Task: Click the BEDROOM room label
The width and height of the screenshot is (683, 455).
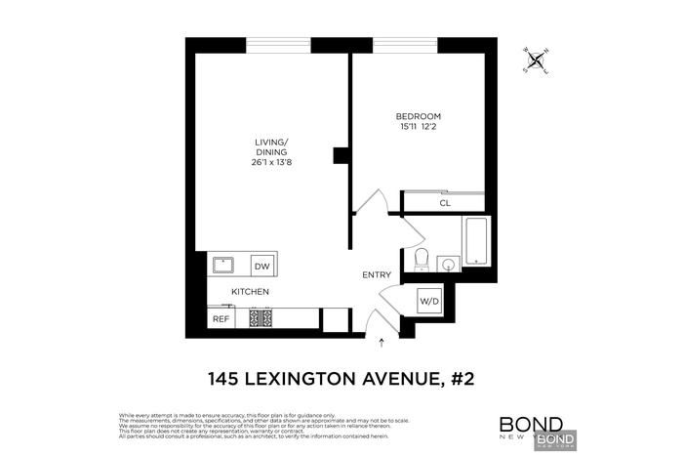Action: (418, 114)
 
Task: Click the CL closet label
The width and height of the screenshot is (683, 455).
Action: (444, 203)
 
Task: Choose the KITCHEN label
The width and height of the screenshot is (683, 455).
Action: (250, 292)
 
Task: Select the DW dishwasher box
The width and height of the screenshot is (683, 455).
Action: (261, 267)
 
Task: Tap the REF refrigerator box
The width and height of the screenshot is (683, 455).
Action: (221, 318)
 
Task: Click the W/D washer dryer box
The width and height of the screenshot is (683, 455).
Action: (429, 302)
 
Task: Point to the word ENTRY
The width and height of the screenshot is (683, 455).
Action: (377, 275)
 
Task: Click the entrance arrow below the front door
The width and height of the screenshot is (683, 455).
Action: (382, 342)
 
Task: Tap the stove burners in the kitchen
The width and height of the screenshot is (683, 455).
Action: (261, 318)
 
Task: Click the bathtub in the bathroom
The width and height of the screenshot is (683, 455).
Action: (475, 241)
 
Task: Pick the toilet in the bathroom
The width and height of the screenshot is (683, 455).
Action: (422, 259)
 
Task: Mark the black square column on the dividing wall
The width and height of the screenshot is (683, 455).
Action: (341, 155)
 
